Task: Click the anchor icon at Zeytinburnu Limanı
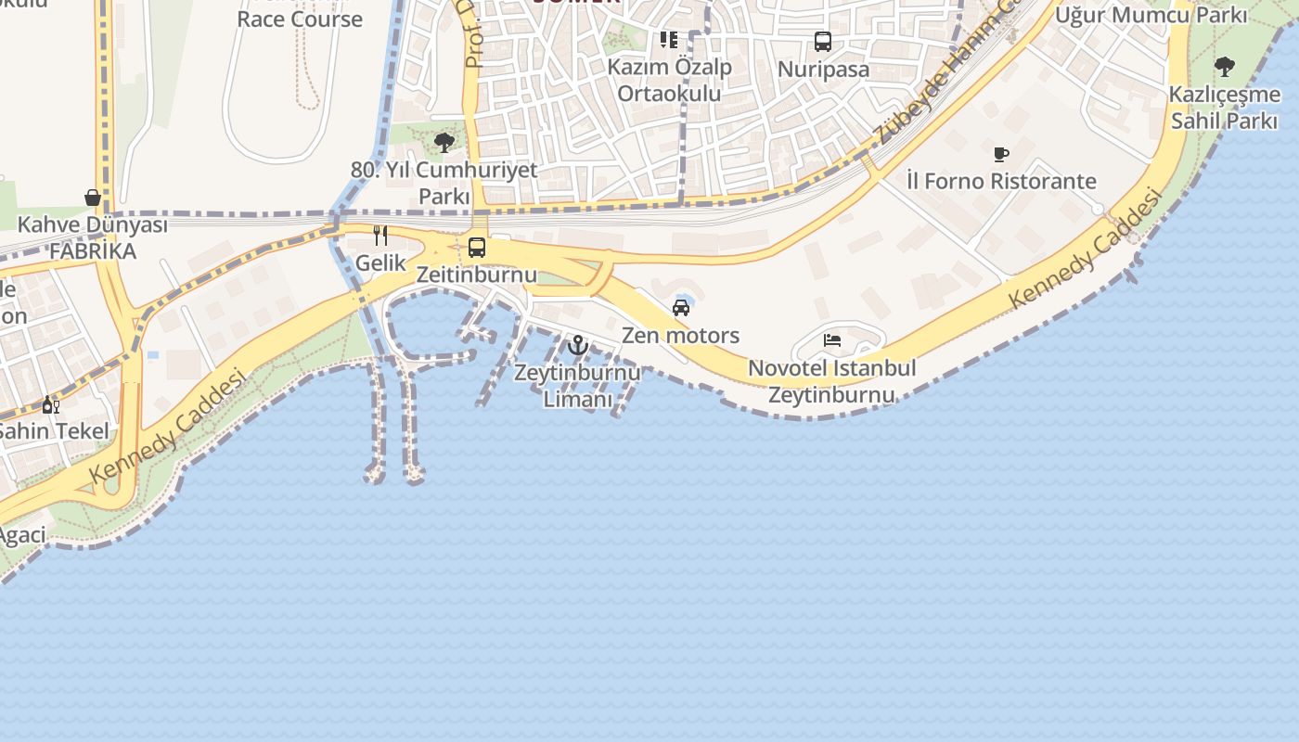(x=578, y=345)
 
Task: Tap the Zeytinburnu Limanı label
(x=577, y=386)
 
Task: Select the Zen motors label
(x=680, y=335)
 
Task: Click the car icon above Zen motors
(x=680, y=308)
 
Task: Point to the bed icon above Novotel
(x=832, y=340)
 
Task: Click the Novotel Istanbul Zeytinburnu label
(x=832, y=381)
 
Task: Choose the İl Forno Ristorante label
(x=1001, y=181)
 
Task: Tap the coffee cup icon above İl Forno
(x=1000, y=154)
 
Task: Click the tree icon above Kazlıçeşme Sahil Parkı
(x=1225, y=67)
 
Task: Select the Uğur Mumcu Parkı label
(x=1151, y=15)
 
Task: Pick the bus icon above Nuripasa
(x=823, y=42)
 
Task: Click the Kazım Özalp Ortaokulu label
(x=669, y=80)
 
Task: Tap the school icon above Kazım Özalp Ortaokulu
(x=668, y=40)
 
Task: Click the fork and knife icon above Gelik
(x=379, y=236)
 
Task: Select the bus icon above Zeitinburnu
(x=477, y=248)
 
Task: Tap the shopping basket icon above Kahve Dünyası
(x=93, y=198)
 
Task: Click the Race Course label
(x=299, y=19)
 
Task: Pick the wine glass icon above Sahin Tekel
(x=50, y=404)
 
